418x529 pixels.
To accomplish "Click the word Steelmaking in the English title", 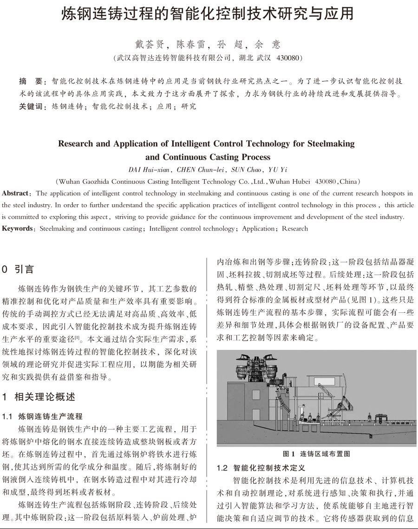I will pos(331,143).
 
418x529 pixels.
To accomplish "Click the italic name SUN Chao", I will pos(244,169).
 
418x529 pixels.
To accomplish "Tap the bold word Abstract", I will pos(15,194).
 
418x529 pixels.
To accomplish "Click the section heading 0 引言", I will pos(18,269).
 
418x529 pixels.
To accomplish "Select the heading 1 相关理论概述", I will pos(39,397).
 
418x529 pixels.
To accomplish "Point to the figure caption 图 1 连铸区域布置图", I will pos(316,453).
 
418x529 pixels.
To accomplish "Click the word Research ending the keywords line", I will pos(295,228).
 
